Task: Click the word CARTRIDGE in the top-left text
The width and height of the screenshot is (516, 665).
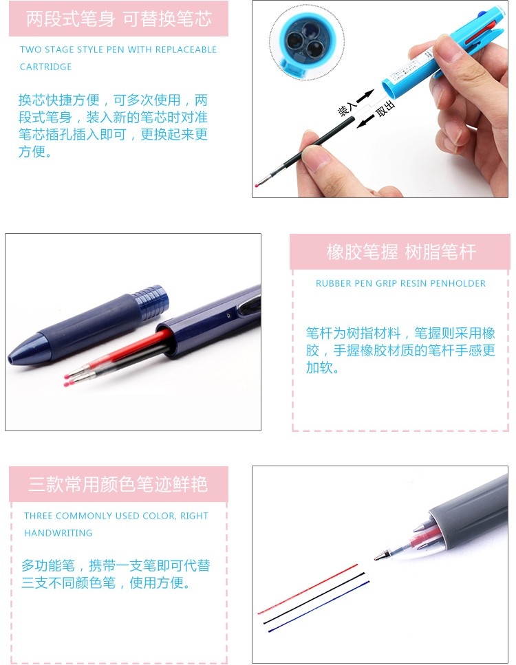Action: tap(46, 67)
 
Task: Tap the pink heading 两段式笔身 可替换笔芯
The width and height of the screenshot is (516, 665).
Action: tap(119, 19)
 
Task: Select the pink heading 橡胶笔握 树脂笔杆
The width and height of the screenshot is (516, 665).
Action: tap(401, 252)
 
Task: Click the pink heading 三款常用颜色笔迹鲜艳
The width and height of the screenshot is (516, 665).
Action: tap(118, 484)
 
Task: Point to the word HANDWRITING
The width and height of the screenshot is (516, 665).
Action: tap(58, 533)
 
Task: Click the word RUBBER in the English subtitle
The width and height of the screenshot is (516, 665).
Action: tap(330, 283)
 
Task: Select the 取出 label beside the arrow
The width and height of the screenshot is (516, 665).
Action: tap(385, 108)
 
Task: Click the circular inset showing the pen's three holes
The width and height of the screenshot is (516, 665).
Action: tap(307, 41)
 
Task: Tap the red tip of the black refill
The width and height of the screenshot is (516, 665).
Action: tap(257, 186)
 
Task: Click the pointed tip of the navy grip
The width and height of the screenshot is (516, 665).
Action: tap(10, 358)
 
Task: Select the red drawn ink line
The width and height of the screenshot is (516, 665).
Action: tap(308, 589)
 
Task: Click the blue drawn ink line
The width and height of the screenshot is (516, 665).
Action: tap(319, 606)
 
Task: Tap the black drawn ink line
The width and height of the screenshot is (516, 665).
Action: tap(314, 598)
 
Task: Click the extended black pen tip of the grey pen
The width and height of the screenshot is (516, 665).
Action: tap(381, 556)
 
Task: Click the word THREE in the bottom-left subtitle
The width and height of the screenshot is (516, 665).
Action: tap(39, 516)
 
